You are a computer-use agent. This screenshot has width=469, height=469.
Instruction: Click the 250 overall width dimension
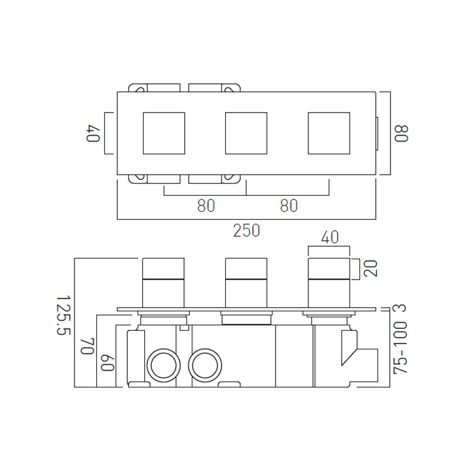(x=247, y=230)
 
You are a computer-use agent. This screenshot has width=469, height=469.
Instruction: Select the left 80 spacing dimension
(x=205, y=206)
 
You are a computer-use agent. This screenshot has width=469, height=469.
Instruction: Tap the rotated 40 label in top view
(x=92, y=133)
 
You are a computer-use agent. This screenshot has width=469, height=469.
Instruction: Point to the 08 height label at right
(x=400, y=133)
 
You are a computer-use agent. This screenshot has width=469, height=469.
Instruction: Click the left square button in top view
(x=164, y=133)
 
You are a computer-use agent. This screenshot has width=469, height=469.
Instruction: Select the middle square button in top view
(x=246, y=133)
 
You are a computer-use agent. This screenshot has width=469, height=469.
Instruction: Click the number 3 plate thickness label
(x=400, y=309)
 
